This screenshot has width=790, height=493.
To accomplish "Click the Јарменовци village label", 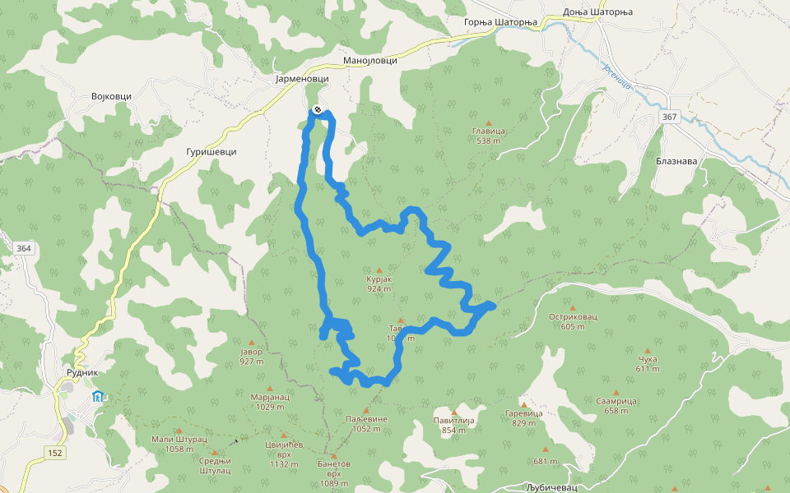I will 302,78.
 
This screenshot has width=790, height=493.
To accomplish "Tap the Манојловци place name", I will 370,61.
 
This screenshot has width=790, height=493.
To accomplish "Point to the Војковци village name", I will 111,96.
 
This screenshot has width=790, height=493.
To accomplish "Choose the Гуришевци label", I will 211,152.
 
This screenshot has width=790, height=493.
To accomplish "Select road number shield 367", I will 669,117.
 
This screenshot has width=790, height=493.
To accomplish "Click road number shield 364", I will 22,248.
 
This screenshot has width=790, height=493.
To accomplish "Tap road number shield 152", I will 55,453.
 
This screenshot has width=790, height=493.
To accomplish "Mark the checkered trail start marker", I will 317,110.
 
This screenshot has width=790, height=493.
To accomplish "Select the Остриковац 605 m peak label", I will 572,320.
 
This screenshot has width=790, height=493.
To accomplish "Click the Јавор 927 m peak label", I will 252,356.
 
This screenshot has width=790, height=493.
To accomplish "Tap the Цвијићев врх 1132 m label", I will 284,454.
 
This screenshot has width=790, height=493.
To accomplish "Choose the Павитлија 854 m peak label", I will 454,425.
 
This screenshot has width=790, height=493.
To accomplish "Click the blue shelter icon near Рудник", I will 97,397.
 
